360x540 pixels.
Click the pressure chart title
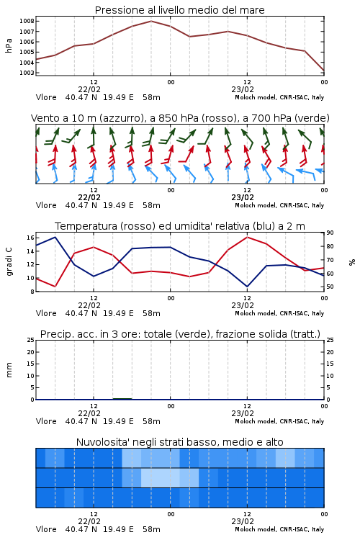[x=179, y=10]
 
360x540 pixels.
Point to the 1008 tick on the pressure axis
[x=27, y=21]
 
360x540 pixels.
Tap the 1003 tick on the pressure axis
[x=27, y=73]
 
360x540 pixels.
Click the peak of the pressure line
[x=151, y=21]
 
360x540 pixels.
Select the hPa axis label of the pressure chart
[x=9, y=45]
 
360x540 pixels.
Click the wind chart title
[x=180, y=118]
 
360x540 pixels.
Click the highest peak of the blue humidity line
[x=55, y=237]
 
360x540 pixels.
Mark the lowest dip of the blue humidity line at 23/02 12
[x=247, y=287]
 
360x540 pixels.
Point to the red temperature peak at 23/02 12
[x=247, y=237]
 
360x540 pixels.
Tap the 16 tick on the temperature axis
[x=30, y=238]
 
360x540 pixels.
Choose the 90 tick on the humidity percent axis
[x=330, y=233]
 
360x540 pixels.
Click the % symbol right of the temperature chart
[x=352, y=262]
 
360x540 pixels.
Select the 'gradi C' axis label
[x=9, y=261]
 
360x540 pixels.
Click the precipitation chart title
[x=180, y=334]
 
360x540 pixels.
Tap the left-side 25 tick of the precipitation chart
[x=31, y=340]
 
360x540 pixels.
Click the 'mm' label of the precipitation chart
[x=9, y=369]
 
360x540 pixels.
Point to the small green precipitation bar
[x=122, y=399]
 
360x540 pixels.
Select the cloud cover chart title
[x=179, y=442]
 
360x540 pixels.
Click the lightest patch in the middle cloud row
[x=161, y=477]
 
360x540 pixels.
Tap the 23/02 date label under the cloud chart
[x=243, y=521]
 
